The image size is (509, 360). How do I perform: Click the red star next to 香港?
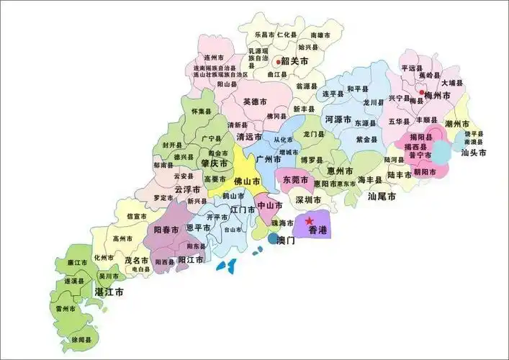pos(310,220)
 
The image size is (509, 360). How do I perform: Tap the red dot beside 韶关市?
pos(278,62)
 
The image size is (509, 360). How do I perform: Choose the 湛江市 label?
pos(109,293)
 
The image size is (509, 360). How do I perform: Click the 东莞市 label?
pos(296,179)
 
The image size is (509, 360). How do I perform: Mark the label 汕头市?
pos(474,153)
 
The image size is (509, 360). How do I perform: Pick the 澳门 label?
pos(286,240)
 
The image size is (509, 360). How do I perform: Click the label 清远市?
pos(249,136)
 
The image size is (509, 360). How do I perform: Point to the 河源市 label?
pos(338,119)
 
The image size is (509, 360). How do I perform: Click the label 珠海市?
pos(282,224)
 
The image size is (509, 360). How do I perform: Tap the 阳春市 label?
pos(166,229)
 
